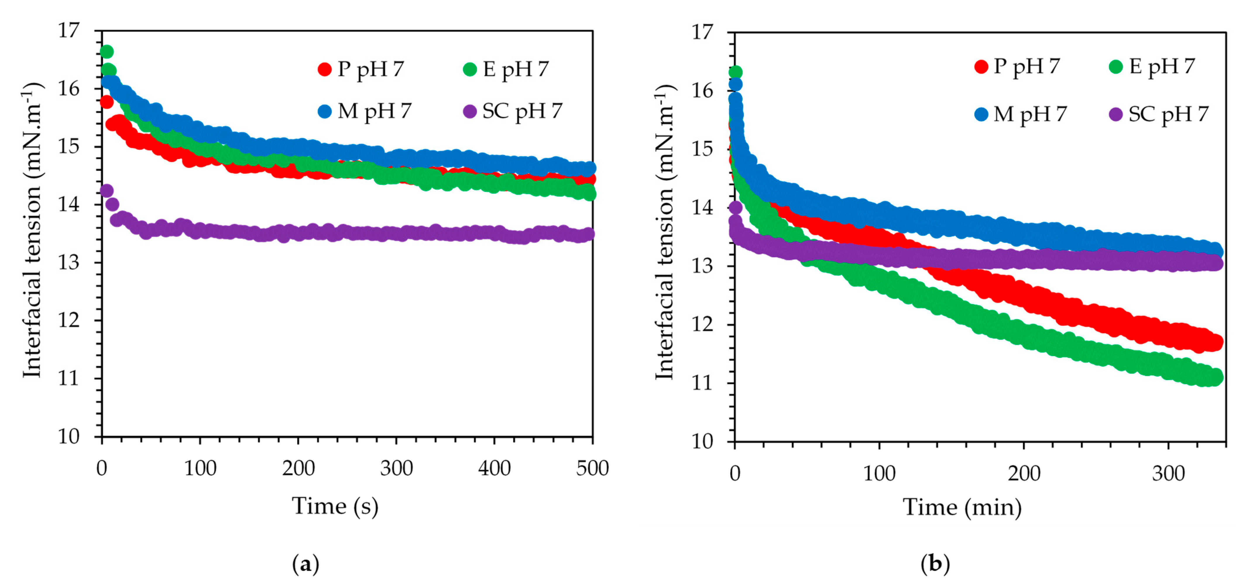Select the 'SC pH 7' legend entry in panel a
(512, 111)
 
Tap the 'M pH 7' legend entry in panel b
(1021, 114)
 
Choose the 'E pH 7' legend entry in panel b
(1153, 66)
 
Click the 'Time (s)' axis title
(335, 506)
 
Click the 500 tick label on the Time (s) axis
(592, 468)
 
